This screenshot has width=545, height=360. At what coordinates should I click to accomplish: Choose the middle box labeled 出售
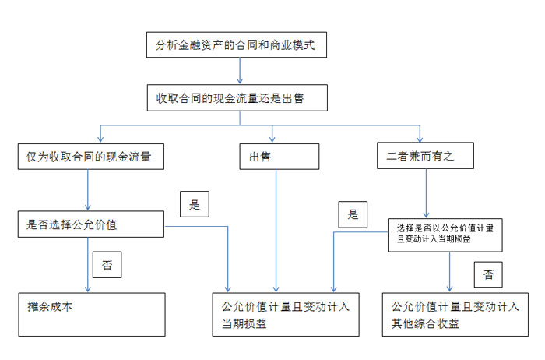(279, 156)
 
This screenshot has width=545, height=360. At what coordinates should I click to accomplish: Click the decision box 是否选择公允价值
(90, 225)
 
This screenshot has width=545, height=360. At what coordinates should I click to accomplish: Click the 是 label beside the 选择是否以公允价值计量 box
(353, 213)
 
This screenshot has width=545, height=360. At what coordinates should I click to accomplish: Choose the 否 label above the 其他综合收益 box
(487, 274)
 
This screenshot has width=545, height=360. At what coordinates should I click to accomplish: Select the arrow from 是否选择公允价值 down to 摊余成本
(88, 265)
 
